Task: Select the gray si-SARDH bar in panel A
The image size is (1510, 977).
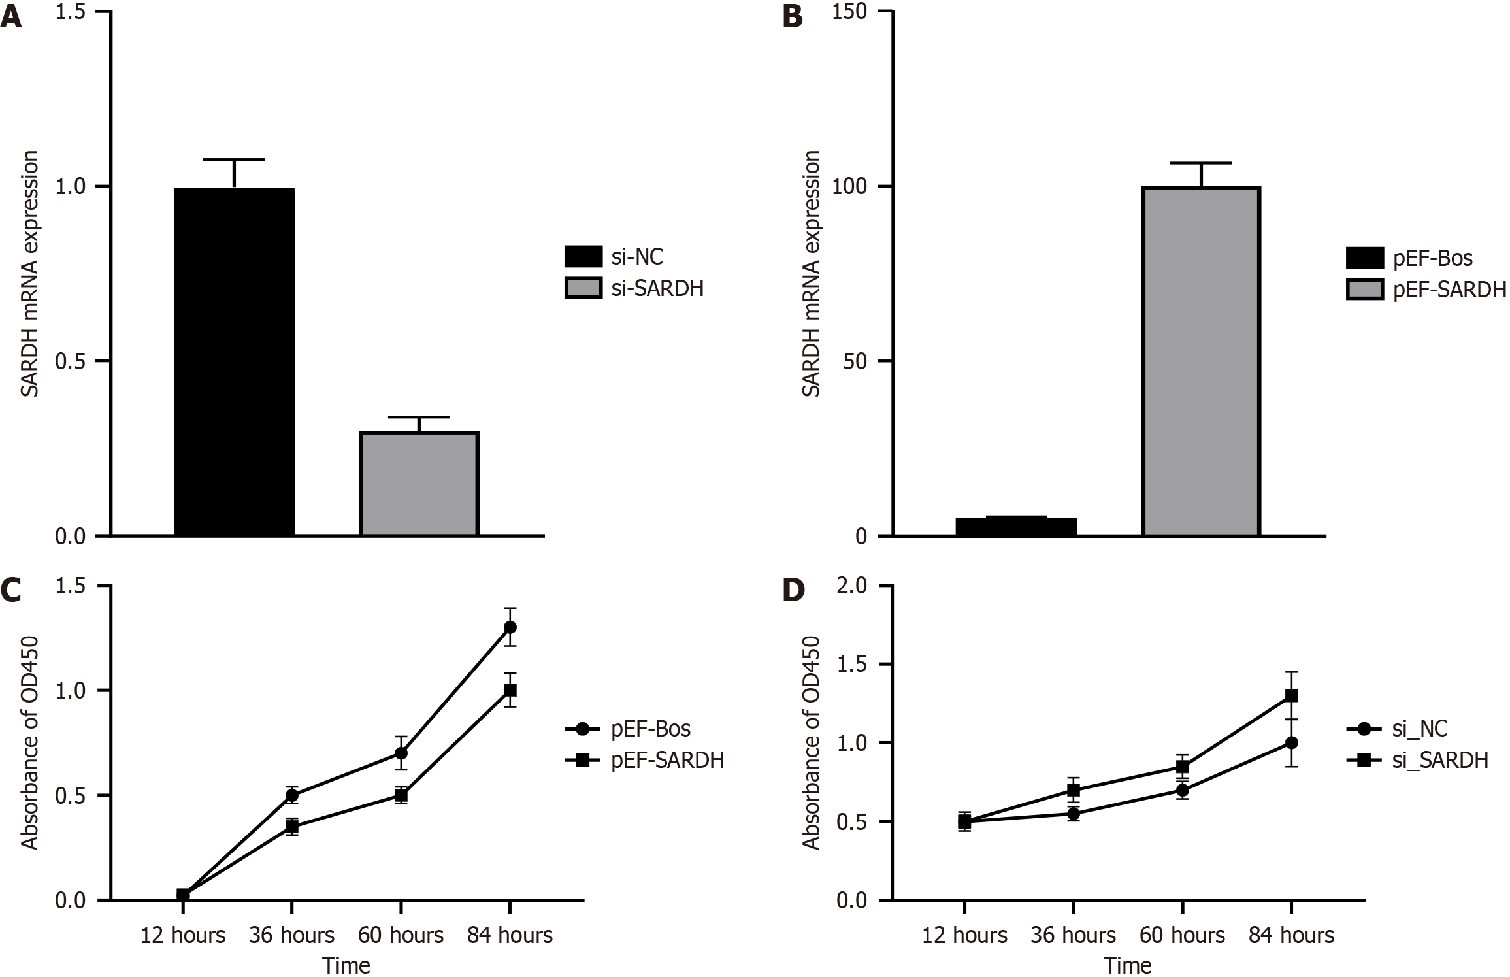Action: click(419, 484)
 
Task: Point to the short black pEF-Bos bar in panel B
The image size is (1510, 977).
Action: click(1015, 526)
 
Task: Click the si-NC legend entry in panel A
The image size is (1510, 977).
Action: click(614, 257)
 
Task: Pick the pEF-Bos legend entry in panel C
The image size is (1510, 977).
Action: click(628, 728)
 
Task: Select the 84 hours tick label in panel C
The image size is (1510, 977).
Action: click(510, 935)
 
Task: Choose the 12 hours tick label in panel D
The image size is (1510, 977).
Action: click(964, 935)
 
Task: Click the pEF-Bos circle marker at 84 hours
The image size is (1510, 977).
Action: click(510, 627)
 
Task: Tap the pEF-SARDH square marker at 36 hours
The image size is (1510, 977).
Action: click(292, 827)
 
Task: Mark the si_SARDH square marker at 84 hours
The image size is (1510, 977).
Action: click(1291, 696)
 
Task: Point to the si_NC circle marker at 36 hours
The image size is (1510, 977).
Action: click(1073, 814)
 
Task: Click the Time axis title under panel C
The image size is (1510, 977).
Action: click(346, 965)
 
